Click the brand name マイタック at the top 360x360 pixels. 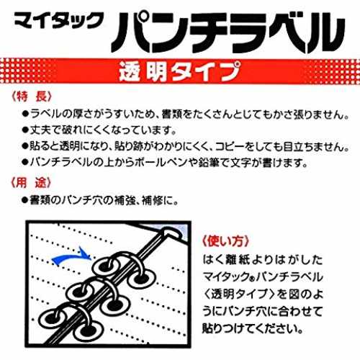point(59,21)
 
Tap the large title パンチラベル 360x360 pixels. point(228,32)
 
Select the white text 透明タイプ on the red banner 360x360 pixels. point(179,71)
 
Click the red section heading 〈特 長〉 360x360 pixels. point(32,96)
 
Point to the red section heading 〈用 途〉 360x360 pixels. point(32,183)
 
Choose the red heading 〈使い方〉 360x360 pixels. point(225,240)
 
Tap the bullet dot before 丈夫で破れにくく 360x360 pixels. point(25,130)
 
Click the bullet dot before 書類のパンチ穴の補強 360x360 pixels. point(25,200)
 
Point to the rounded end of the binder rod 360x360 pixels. point(172,233)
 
